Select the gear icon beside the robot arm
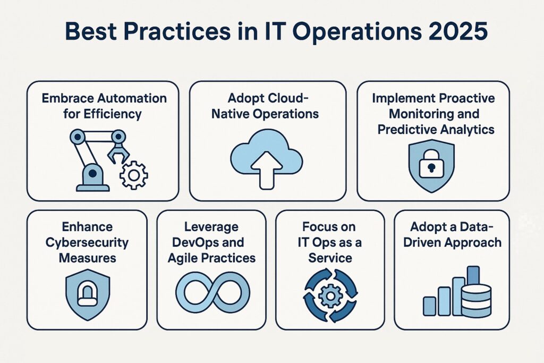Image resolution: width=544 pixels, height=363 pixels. [x=133, y=175]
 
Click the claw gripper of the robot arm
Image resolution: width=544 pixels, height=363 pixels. [x=118, y=151]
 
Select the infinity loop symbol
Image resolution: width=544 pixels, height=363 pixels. [x=211, y=294]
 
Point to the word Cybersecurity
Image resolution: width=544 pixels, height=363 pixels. [x=87, y=243]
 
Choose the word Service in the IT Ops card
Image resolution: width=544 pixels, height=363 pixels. [x=330, y=258]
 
